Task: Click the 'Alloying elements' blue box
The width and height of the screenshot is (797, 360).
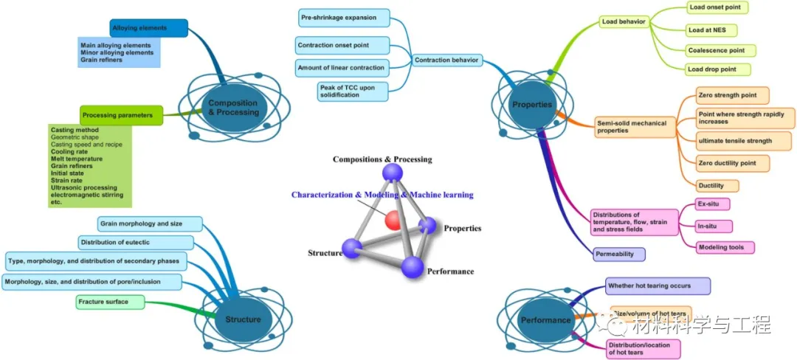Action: pos(148,29)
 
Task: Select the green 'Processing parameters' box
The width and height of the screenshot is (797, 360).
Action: pos(121,115)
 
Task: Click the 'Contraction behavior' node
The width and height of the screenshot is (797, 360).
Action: pos(446,60)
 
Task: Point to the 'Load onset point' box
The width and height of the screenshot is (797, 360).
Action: pos(716,7)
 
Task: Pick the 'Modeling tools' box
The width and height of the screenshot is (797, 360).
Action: pos(725,247)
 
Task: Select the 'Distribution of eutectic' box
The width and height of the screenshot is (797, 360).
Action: pos(137,243)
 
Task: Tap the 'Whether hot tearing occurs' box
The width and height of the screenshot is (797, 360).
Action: pos(658,285)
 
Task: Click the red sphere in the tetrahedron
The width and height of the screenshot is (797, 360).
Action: pos(393,219)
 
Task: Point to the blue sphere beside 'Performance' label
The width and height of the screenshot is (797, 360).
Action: pos(413,267)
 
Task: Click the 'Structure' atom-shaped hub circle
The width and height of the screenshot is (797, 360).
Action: pos(243,319)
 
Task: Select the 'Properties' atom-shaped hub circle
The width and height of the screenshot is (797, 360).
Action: pos(532,105)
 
